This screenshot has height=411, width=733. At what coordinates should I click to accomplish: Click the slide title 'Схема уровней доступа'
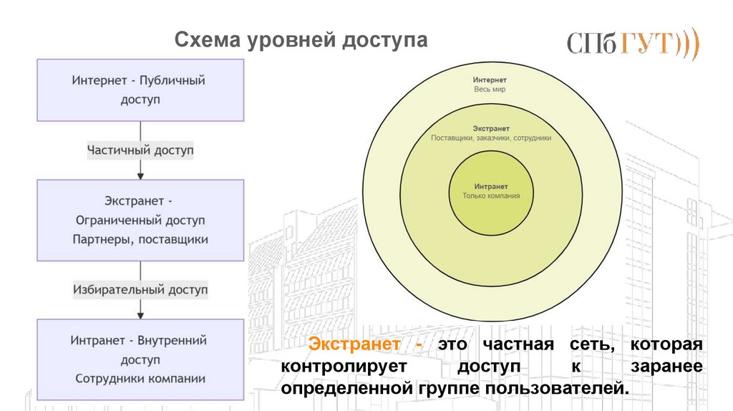[x=301, y=41]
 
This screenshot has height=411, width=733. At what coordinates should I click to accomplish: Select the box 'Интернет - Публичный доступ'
[x=140, y=90]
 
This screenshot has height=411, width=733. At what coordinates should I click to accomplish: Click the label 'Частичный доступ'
[x=140, y=150]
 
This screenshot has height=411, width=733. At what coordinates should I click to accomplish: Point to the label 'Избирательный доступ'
[x=140, y=290]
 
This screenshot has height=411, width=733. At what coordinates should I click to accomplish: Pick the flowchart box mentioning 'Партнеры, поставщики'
[x=140, y=220]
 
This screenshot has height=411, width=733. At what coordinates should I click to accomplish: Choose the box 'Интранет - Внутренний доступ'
[x=140, y=359]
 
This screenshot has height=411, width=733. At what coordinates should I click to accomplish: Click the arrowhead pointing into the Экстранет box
[x=140, y=174]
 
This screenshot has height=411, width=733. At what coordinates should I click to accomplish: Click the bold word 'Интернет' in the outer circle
[x=490, y=80]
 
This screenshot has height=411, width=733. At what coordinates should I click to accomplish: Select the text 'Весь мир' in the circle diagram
[x=490, y=90]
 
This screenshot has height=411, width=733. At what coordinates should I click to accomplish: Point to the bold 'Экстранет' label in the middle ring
[x=491, y=127]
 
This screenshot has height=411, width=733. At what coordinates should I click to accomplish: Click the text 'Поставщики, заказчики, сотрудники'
[x=491, y=137]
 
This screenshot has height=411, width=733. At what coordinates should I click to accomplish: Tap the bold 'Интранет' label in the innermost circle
[x=491, y=185]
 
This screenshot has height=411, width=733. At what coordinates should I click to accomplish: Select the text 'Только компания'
[x=491, y=195]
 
